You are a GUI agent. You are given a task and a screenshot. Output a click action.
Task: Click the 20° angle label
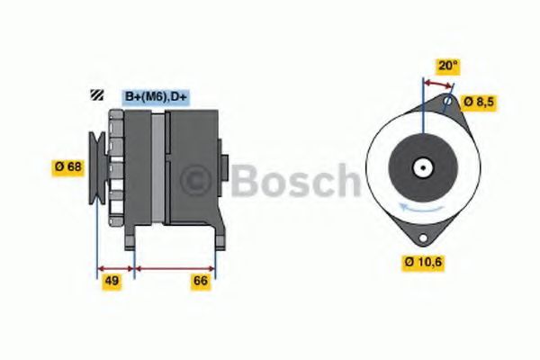447,66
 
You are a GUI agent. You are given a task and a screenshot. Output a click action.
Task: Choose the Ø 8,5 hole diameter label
478,102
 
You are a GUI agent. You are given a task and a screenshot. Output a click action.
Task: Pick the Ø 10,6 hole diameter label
423,262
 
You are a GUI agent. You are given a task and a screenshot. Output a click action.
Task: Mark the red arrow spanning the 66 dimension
175,267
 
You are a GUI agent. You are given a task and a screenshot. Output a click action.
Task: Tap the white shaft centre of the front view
421,167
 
